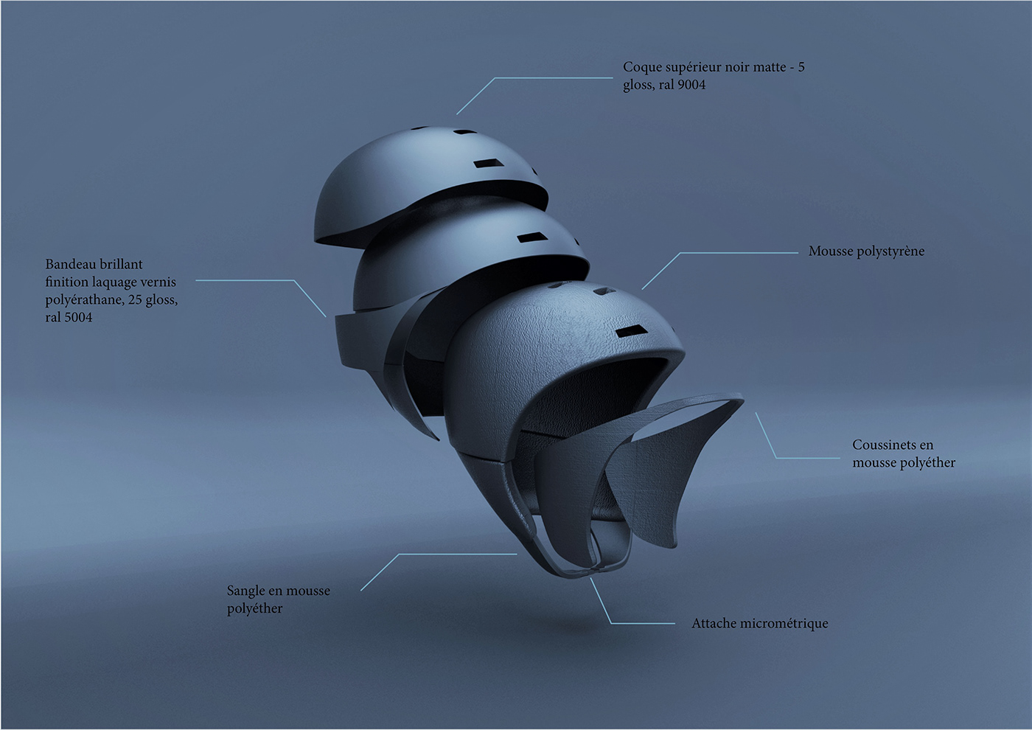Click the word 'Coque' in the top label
coord(642,67)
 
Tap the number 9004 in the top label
coord(691,85)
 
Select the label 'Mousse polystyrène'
coord(866,251)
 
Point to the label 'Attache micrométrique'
coord(759,624)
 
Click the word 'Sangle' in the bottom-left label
coord(245,591)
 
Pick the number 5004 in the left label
coord(79,318)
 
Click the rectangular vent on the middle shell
coord(530,237)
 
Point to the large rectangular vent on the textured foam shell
coord(627,333)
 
